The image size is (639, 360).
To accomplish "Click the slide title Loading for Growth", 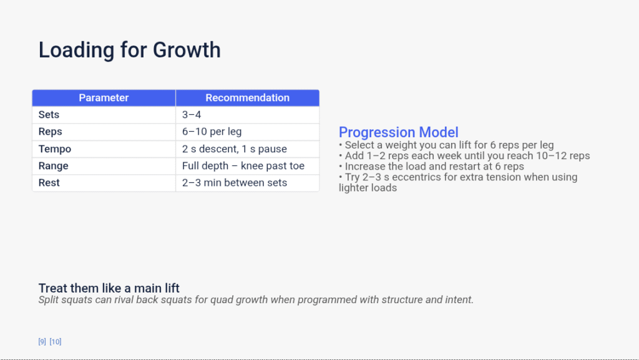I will click(x=129, y=50).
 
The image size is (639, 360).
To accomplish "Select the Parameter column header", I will click(x=104, y=98).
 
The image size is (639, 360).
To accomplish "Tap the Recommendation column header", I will click(x=247, y=98).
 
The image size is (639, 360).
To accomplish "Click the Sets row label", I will click(x=49, y=115).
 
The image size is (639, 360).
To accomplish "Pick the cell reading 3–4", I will click(x=192, y=115).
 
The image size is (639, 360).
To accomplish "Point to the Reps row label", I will click(x=50, y=132).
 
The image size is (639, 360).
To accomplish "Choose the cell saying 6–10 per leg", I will click(x=212, y=132).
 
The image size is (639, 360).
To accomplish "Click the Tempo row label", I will click(x=55, y=149).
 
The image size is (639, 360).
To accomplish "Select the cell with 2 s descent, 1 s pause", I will click(x=234, y=149).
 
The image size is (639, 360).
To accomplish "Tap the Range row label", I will click(x=53, y=166).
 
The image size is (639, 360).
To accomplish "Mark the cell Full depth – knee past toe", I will click(x=243, y=166).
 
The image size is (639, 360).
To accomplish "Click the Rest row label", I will click(x=49, y=183).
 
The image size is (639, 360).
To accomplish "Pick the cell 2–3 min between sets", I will click(x=234, y=183).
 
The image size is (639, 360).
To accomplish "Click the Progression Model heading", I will click(x=398, y=132).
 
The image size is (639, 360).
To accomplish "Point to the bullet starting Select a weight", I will click(x=446, y=145).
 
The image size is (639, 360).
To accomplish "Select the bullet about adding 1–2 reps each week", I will click(x=464, y=156).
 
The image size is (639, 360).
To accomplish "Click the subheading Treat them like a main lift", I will click(x=109, y=288).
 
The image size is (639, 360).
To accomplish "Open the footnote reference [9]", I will click(x=42, y=341).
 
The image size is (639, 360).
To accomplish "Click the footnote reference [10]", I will click(x=56, y=341).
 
